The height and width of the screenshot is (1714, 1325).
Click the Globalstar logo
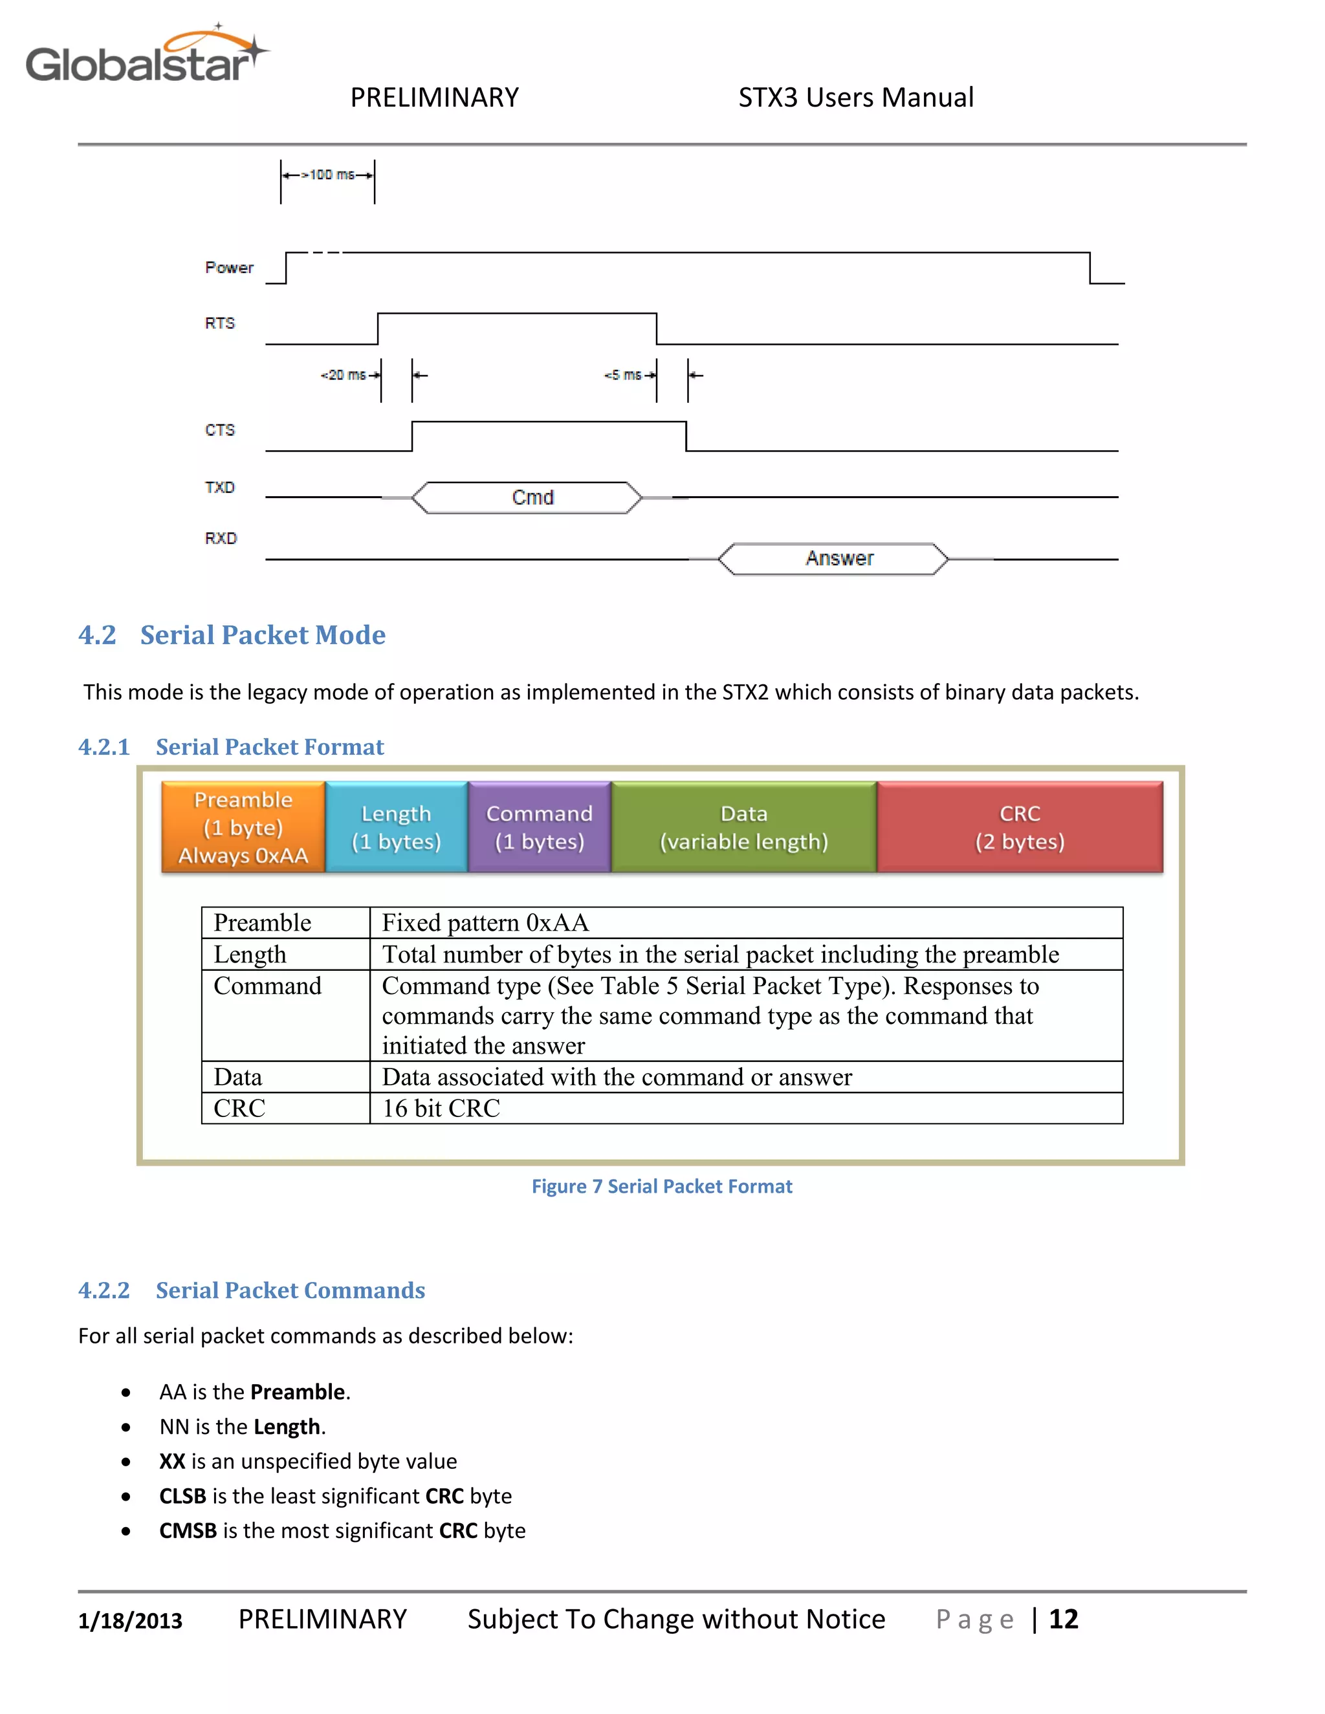coord(146,56)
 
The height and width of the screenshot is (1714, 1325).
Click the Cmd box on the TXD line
coord(532,497)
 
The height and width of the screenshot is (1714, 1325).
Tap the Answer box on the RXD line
coord(838,559)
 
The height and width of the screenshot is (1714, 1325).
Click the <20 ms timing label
coord(344,375)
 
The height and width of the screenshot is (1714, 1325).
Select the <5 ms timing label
coord(623,375)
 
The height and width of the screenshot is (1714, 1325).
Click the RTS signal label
coord(220,323)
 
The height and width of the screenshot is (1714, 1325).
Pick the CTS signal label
coord(220,430)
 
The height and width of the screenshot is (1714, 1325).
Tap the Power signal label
coord(229,268)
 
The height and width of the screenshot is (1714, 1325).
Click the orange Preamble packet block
coord(243,827)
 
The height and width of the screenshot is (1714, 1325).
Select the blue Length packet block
coord(397,827)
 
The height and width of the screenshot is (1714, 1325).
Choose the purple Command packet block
coord(540,827)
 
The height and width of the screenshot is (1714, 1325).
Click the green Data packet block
coord(743,827)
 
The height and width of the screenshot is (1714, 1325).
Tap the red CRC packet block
coord(1019,827)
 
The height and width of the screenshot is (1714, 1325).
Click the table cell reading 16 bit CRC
coord(441,1108)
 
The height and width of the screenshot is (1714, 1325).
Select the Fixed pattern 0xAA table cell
coord(485,923)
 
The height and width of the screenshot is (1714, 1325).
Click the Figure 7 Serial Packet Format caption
coord(662,1186)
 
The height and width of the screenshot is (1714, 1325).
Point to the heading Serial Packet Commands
coord(290,1290)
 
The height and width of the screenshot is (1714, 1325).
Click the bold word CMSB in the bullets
coord(188,1530)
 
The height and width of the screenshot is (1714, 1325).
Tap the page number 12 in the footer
coord(1063,1619)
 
